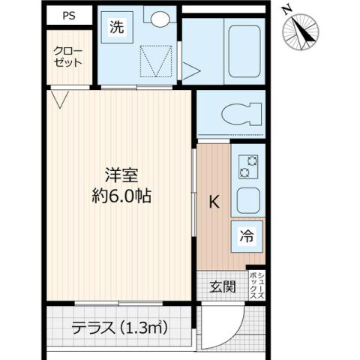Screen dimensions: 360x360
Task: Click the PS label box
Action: click(68, 15)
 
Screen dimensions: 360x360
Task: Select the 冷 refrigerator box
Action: click(247, 235)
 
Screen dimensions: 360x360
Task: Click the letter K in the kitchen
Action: click(214, 201)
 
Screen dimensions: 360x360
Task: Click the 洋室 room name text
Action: click(119, 172)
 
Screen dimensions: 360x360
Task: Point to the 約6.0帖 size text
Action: click(119, 196)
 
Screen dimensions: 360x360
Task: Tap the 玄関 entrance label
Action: click(222, 286)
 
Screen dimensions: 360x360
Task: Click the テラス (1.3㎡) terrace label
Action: click(120, 328)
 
